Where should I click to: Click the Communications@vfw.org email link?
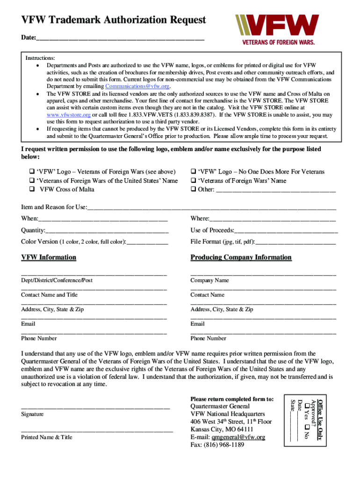click(x=137, y=87)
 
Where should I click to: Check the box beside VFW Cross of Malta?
click(x=32, y=189)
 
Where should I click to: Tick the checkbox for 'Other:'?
click(x=193, y=189)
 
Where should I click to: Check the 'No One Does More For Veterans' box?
click(x=193, y=172)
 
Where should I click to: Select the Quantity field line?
click(x=107, y=231)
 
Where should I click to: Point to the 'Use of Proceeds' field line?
click(x=286, y=231)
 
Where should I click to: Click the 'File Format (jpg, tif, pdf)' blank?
click(x=295, y=242)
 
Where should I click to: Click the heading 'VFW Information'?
click(x=49, y=257)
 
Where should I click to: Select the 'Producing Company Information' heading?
click(x=241, y=257)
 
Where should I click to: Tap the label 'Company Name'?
click(x=209, y=280)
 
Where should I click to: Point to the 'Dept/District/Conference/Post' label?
click(x=57, y=280)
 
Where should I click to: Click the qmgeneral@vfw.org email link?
click(x=238, y=437)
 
